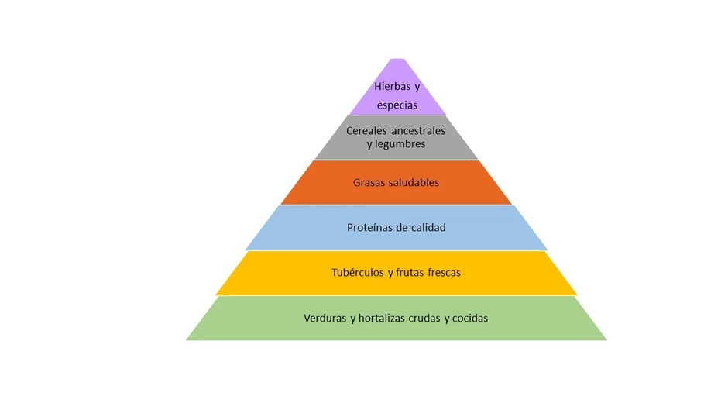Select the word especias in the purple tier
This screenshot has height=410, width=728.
397,105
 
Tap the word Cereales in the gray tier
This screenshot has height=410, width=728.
368,131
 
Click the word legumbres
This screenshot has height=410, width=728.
400,144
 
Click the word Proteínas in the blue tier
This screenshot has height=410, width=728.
370,228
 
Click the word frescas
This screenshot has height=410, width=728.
445,273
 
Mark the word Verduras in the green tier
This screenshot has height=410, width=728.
325,318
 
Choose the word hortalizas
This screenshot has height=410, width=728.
385,318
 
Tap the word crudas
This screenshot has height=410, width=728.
431,318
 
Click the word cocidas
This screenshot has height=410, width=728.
470,318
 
